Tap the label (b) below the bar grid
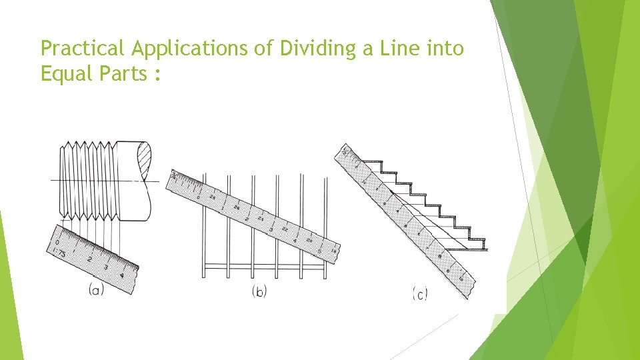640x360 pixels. click(x=259, y=291)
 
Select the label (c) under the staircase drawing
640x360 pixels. click(x=420, y=293)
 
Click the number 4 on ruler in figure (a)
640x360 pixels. click(x=121, y=275)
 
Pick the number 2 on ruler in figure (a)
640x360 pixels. click(x=90, y=259)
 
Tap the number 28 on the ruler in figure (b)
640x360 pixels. click(x=211, y=197)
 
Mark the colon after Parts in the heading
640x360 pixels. click(x=157, y=75)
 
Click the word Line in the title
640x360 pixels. click(x=403, y=48)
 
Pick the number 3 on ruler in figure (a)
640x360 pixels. click(x=105, y=267)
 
